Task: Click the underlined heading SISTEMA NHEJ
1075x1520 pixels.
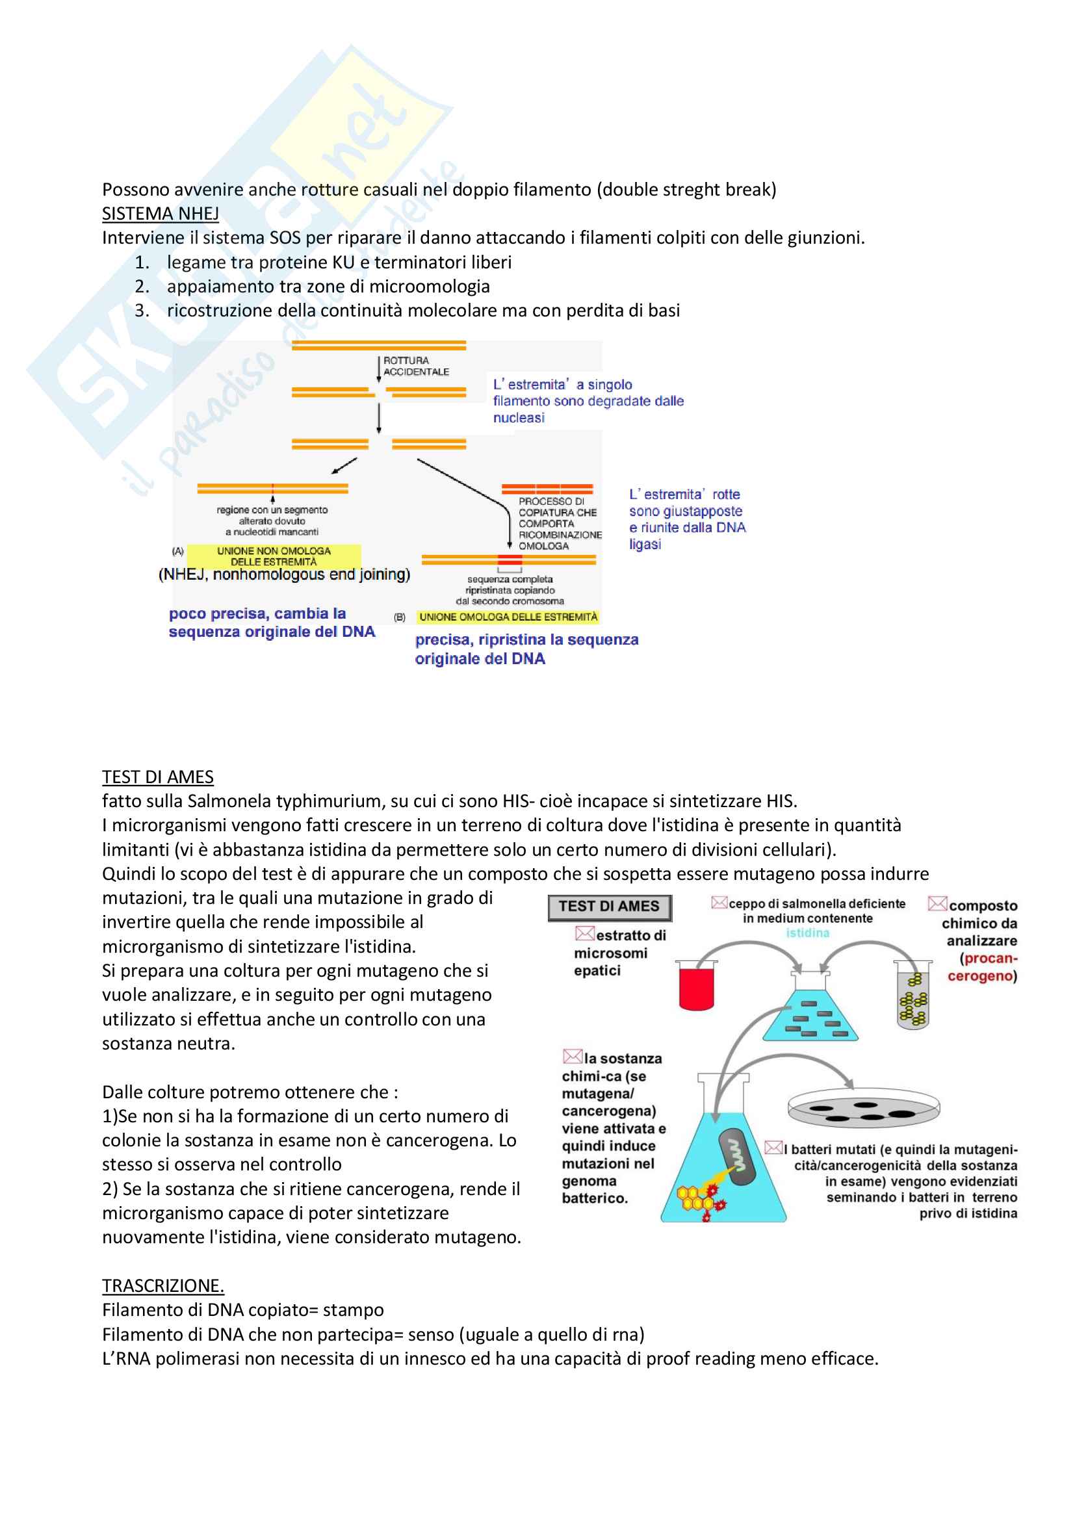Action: tap(160, 214)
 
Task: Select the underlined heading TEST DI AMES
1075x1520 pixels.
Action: tap(157, 777)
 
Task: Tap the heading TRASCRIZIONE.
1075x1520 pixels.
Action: tap(163, 1285)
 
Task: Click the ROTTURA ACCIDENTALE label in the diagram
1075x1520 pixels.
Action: tap(416, 366)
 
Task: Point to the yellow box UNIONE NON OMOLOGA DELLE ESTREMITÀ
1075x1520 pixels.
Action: tap(274, 556)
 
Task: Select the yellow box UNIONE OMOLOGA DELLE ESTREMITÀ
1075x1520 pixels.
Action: tap(508, 617)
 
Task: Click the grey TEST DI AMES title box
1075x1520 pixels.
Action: tap(609, 907)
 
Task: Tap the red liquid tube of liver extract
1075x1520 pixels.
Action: tap(696, 987)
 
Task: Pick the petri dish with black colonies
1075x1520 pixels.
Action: tap(863, 1107)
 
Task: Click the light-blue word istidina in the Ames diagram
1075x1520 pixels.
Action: tap(807, 933)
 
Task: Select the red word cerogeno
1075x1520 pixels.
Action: tap(981, 976)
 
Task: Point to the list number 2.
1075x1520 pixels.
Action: tap(142, 286)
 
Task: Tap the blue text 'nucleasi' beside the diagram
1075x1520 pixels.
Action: tap(518, 418)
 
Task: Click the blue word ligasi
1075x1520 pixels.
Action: tap(645, 544)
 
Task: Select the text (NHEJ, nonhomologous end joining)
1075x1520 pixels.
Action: tap(284, 574)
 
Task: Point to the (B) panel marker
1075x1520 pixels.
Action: tap(400, 617)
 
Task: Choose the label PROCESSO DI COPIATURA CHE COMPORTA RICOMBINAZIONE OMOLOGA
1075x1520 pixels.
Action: tap(560, 524)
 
